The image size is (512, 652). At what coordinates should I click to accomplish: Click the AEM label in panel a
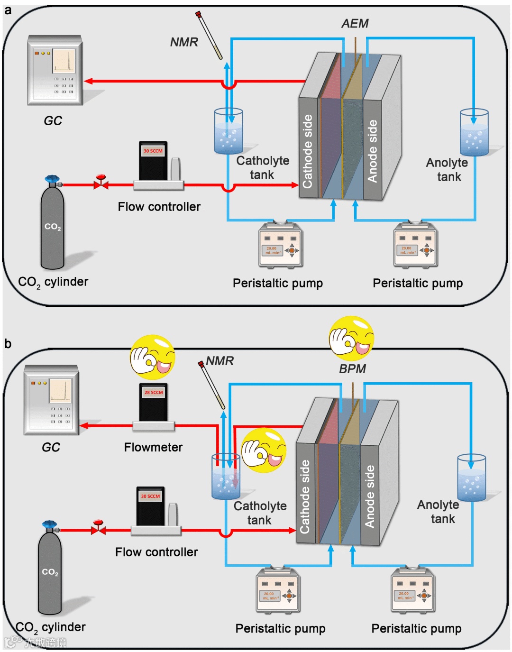click(355, 23)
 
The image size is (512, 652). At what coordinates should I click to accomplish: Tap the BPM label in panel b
click(352, 368)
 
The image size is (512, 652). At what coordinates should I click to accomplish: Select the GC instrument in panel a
click(55, 70)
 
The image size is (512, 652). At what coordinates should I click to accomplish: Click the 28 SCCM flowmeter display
click(154, 393)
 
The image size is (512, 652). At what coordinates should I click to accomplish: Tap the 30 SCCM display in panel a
click(153, 151)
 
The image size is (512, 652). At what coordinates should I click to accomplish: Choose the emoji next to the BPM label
click(351, 338)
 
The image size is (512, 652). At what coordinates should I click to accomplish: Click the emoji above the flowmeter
click(153, 357)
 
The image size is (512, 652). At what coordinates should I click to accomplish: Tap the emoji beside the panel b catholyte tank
click(264, 450)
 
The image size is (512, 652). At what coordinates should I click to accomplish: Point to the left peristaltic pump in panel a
click(281, 245)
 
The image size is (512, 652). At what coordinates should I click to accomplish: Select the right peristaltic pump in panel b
click(413, 590)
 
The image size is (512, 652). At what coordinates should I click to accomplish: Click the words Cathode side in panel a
click(308, 151)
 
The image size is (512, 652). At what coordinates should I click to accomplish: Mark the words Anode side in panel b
click(370, 496)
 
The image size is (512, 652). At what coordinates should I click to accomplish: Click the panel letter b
click(8, 343)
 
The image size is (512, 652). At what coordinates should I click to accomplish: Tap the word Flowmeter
click(153, 447)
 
